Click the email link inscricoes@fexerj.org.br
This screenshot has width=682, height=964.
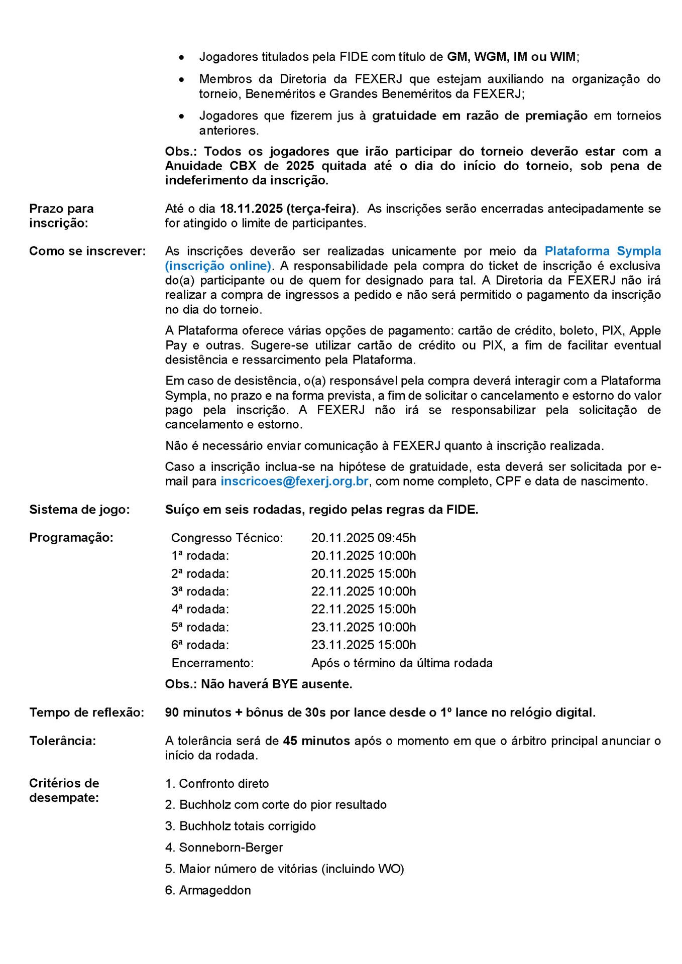click(x=294, y=481)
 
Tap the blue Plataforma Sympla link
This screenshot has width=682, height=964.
click(x=602, y=251)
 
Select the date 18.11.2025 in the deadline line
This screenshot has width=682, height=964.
click(x=251, y=208)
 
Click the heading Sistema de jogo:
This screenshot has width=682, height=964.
click(x=79, y=510)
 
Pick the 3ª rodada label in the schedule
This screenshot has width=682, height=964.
click(x=200, y=591)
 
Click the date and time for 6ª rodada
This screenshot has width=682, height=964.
click(x=363, y=645)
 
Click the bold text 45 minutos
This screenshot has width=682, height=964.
click(x=316, y=741)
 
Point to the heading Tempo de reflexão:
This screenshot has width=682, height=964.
click(x=86, y=712)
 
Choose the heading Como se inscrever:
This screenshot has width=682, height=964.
click(x=87, y=251)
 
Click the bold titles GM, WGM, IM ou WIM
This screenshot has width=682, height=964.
click(x=511, y=57)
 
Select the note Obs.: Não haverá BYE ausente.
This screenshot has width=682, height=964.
click(x=259, y=684)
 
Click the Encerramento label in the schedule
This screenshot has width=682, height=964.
click(x=212, y=663)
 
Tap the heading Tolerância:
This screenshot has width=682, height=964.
click(x=62, y=741)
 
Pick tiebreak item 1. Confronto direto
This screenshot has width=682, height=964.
click(x=217, y=784)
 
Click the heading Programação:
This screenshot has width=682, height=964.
click(x=71, y=538)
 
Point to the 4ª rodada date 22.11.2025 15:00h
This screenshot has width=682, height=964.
click(x=363, y=609)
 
